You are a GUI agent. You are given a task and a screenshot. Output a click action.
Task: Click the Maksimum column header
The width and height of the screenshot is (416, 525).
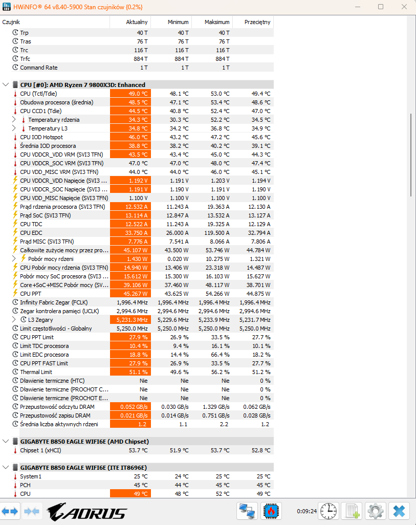click(x=217, y=22)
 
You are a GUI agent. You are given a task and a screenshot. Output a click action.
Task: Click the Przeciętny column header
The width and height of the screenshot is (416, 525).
click(x=257, y=22)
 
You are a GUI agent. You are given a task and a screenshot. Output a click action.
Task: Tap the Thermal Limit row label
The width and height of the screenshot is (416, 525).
click(x=36, y=372)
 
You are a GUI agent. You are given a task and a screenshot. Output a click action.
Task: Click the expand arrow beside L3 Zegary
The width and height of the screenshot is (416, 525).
click(x=14, y=320)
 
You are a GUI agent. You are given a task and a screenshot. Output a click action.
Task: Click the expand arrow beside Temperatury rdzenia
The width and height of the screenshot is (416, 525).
click(x=14, y=120)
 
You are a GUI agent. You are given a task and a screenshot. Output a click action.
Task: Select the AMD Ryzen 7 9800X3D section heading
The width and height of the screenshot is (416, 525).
click(x=82, y=85)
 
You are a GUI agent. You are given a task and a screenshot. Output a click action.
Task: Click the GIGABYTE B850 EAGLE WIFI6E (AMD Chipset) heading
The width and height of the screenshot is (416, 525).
click(x=84, y=441)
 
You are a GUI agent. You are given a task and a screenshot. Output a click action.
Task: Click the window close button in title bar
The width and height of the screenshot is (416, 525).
click(x=404, y=7)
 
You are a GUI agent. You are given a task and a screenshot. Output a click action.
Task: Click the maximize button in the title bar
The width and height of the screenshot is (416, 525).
click(x=381, y=7)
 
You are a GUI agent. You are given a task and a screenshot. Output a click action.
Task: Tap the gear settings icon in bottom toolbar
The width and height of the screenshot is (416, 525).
click(x=376, y=511)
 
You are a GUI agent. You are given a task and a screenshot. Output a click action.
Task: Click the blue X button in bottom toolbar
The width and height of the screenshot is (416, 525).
click(x=399, y=511)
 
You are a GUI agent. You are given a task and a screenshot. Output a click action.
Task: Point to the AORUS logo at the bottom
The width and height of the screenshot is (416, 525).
click(x=86, y=512)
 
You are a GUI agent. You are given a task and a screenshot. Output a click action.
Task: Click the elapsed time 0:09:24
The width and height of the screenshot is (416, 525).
click(x=306, y=511)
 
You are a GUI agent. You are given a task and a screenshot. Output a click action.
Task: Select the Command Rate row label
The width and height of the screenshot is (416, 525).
click(x=38, y=68)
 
